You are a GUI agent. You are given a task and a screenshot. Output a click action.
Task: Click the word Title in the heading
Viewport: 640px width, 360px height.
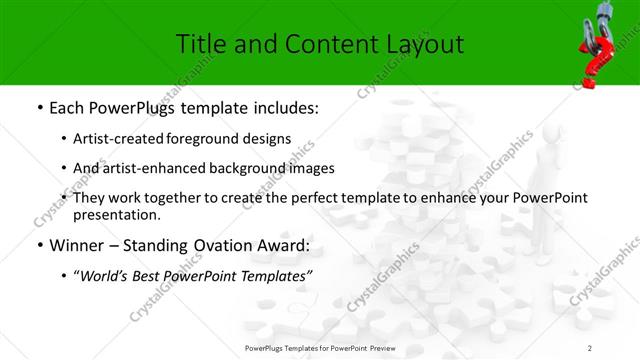coord(200,44)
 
